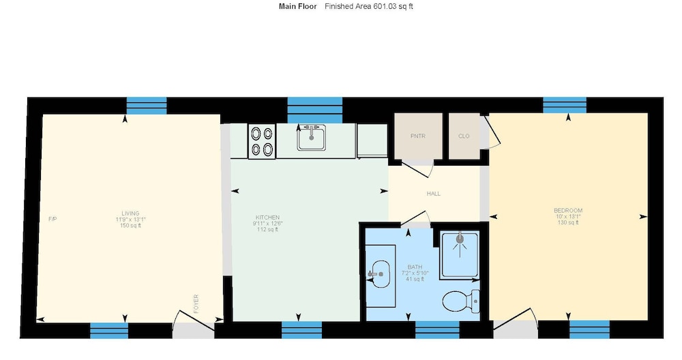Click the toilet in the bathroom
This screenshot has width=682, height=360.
point(460,301)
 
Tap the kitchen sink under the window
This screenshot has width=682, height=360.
point(312,138)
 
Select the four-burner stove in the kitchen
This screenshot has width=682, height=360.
point(262,141)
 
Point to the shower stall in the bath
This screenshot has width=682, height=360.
point(460,255)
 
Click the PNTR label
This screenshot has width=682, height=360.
point(418,136)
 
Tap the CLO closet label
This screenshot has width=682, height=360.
point(464,136)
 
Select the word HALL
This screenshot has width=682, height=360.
point(434,194)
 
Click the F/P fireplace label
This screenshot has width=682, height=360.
point(53,219)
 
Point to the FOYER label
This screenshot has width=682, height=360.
point(196,304)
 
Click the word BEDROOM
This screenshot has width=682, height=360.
point(568,211)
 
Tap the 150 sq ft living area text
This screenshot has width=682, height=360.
point(130,226)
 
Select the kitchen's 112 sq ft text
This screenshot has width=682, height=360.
point(267,230)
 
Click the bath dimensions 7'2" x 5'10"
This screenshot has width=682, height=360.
point(415,273)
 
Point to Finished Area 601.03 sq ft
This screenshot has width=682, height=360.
point(369,7)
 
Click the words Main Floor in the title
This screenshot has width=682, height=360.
point(298,7)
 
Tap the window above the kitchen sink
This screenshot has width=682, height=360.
point(315,110)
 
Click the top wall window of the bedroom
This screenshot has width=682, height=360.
point(565,105)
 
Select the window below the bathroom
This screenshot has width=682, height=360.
point(437,330)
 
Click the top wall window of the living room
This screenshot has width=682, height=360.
point(147,106)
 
